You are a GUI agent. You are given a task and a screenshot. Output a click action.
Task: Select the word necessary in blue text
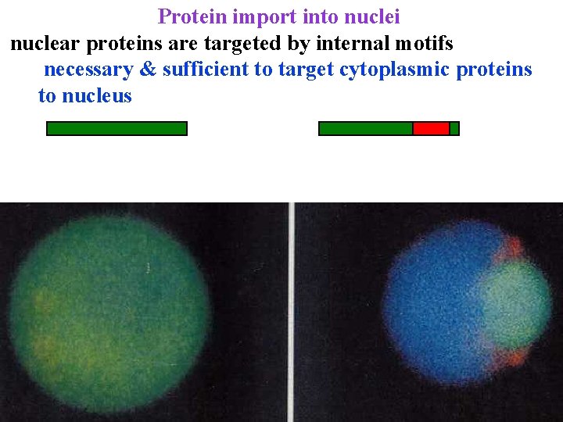coord(88,70)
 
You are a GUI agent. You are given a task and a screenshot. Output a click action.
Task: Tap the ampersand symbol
coord(147,70)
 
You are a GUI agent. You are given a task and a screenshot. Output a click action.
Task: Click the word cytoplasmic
coord(394,70)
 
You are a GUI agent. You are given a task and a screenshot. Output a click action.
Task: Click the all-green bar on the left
coord(117,128)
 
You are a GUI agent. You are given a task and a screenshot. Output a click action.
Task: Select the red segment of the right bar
coord(431,128)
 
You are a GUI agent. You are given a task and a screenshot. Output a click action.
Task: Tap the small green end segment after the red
coord(454,128)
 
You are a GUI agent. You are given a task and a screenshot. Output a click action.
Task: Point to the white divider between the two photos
coord(292,313)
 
